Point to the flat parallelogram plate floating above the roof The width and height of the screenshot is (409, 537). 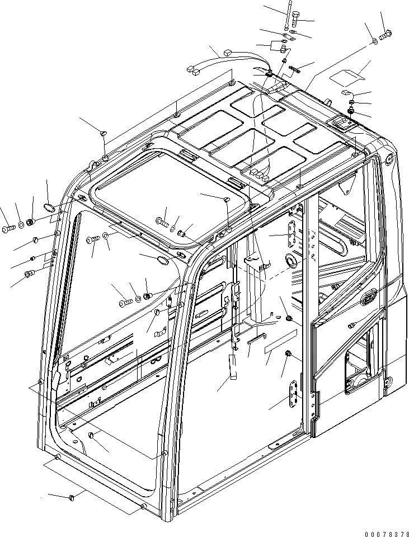(x=347, y=73)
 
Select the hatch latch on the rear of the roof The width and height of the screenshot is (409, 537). (x=339, y=124)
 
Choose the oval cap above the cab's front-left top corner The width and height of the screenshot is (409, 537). (x=50, y=208)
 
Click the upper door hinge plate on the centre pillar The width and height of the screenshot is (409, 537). (x=291, y=234)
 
